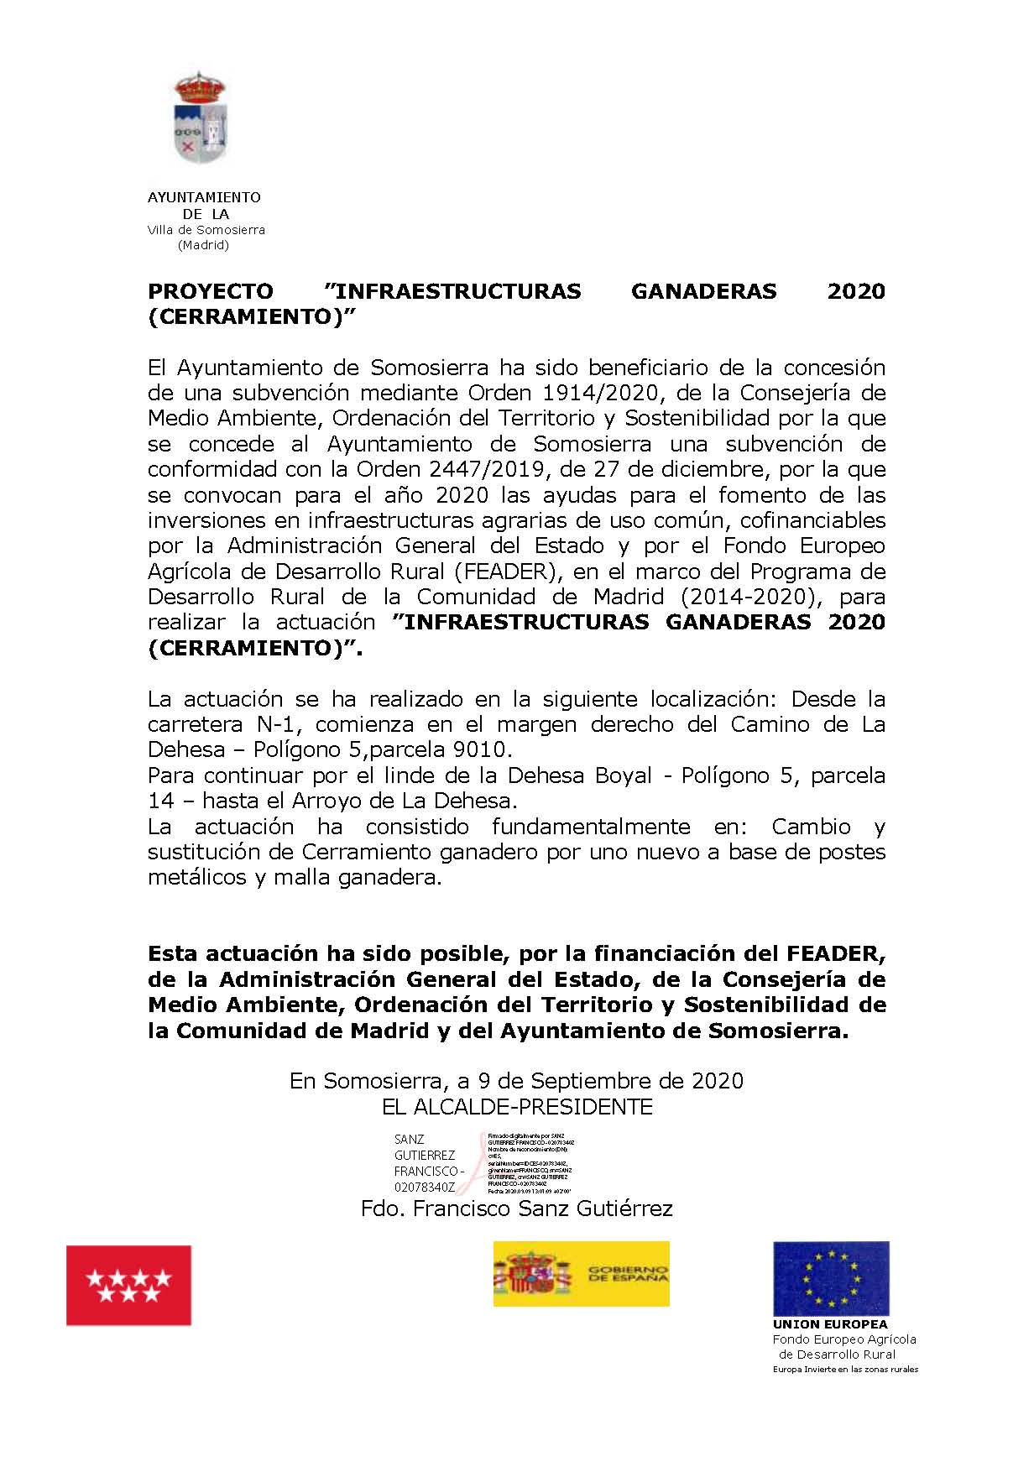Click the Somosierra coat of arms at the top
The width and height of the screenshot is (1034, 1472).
200,118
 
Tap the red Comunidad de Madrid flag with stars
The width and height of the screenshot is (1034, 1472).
128,1285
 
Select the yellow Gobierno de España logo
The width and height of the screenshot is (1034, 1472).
581,1274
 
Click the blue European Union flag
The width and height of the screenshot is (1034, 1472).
831,1279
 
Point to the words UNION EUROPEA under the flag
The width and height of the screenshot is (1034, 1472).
830,1324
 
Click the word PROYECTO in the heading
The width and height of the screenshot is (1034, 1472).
211,291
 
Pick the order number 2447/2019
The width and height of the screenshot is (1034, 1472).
472,469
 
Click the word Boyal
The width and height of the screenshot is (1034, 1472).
624,775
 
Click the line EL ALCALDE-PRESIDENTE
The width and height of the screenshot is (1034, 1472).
517,1107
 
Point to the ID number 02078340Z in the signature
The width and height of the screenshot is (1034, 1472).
425,1188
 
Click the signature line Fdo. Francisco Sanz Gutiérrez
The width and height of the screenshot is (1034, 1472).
517,1208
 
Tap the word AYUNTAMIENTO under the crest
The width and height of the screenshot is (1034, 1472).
204,198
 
